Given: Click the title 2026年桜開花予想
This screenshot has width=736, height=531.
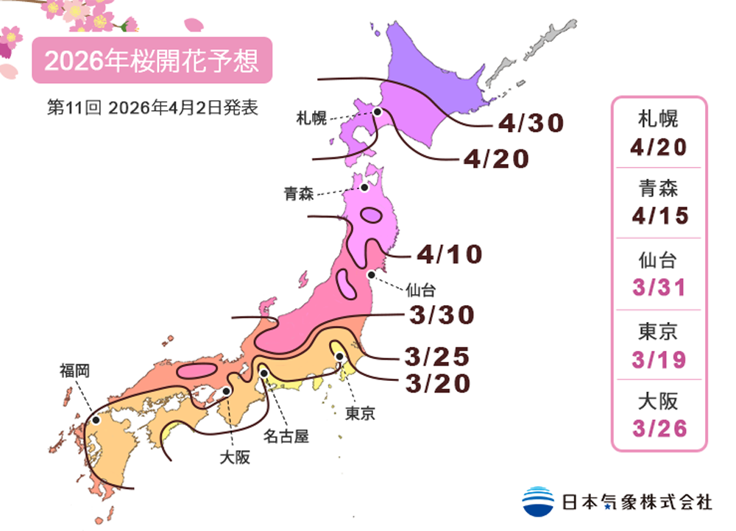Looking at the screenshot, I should [152, 60].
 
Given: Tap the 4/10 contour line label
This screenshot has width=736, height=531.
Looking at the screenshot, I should [449, 254].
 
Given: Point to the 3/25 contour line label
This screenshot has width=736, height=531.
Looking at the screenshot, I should [436, 357].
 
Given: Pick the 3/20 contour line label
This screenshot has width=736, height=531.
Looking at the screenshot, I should [436, 383].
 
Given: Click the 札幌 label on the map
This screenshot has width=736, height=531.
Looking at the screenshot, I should [311, 118].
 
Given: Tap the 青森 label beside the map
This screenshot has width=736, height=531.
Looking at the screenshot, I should [299, 194].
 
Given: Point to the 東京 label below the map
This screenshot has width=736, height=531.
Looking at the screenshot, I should [360, 413].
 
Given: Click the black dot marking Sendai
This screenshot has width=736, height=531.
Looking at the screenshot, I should [372, 274].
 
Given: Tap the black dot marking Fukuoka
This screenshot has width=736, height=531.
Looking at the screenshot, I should [96, 420].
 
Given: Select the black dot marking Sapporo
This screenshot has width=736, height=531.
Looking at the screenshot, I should [377, 112].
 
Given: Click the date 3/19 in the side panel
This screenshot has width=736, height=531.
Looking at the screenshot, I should [659, 360].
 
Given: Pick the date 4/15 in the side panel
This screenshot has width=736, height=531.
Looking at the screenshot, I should [659, 215].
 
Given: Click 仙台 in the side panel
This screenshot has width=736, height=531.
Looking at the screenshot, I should [659, 260].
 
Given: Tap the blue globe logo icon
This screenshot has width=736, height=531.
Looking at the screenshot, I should [538, 501].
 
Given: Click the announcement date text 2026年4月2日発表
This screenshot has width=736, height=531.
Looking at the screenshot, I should [183, 107].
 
